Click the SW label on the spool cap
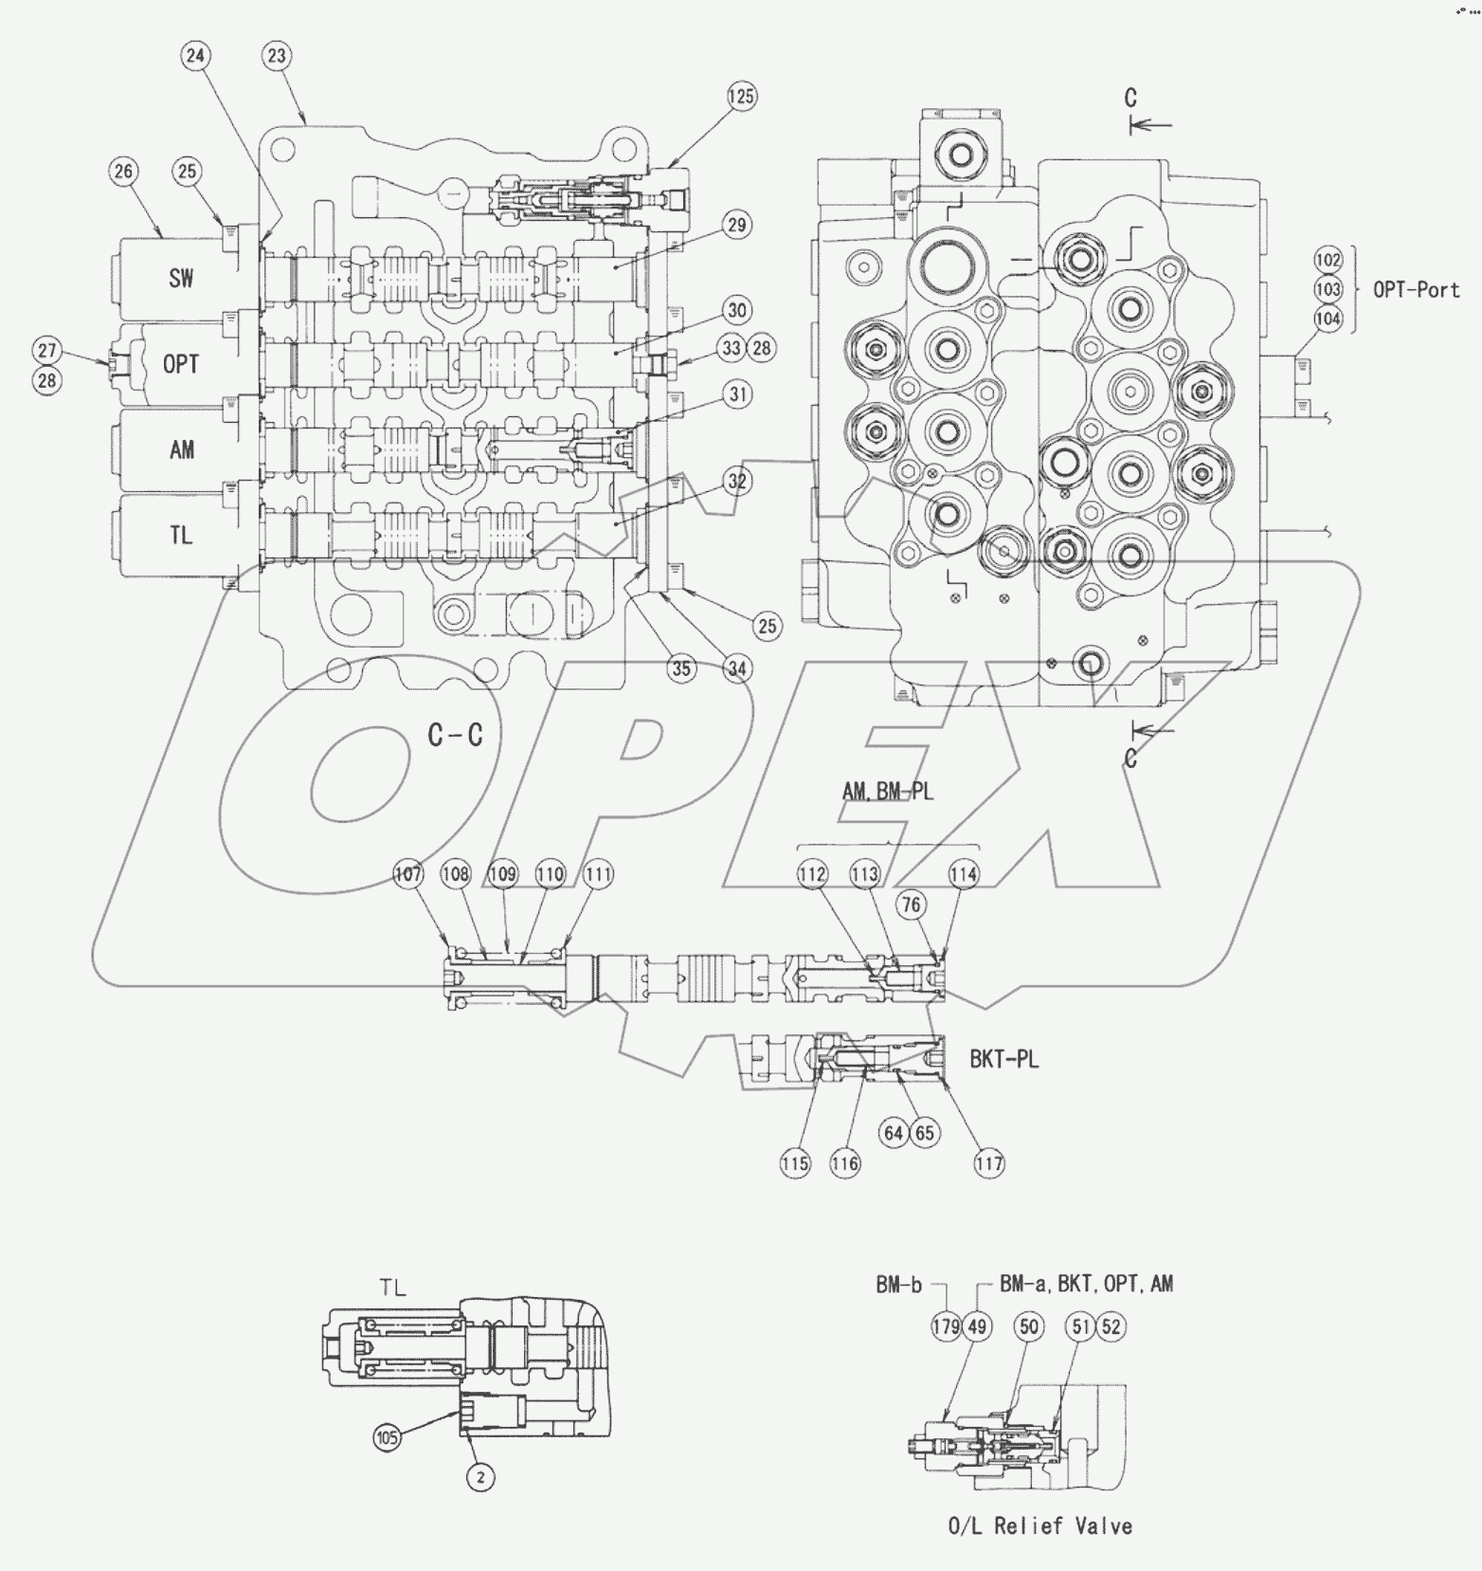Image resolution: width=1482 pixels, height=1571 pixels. [x=181, y=278]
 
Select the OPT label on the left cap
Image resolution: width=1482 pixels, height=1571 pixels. [x=181, y=364]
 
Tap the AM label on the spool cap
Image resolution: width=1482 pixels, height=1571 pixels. [x=182, y=449]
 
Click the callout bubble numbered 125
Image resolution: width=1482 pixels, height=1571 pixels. [x=742, y=96]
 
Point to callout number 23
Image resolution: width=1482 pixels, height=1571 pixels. [x=276, y=56]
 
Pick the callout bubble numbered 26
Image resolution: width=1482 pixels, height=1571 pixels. [x=122, y=171]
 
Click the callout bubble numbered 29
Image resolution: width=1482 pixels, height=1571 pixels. [x=737, y=226]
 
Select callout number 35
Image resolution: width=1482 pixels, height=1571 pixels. [x=681, y=668]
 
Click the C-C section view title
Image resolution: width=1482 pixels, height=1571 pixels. [x=456, y=735]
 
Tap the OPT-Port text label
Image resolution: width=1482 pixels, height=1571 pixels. [x=1416, y=289]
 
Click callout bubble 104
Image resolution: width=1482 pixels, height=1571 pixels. [x=1328, y=319]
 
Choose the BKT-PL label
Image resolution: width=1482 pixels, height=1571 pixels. [x=1003, y=1060]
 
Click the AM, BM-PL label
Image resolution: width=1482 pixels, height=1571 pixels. [x=888, y=791]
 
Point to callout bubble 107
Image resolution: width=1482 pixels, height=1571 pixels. [x=408, y=874]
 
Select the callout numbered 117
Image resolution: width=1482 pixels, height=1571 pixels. [x=989, y=1163]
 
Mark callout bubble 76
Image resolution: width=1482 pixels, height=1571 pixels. [x=911, y=904]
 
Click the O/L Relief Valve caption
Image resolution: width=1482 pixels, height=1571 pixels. [x=1039, y=1526]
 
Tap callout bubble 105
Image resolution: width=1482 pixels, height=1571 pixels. [x=387, y=1438]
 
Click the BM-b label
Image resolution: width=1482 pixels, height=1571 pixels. [x=898, y=1285]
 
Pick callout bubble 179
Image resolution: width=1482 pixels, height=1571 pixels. [x=946, y=1326]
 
